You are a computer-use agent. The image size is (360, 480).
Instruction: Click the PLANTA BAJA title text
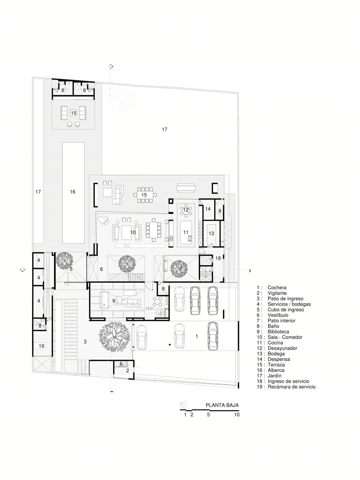[222, 405]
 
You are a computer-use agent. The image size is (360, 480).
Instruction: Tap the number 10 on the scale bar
[237, 415]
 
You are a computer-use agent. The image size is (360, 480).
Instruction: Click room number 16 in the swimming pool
[73, 192]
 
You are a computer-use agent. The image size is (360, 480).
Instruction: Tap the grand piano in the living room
[103, 220]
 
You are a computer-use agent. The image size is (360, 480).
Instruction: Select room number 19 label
[41, 346]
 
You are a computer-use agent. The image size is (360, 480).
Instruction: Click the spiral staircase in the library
[160, 313]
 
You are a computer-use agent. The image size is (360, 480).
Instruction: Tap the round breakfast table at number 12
[186, 210]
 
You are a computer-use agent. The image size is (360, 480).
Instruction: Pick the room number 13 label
[211, 233]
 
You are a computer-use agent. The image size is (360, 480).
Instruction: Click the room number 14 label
[208, 209]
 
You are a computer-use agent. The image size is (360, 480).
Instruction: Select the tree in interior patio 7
[179, 268]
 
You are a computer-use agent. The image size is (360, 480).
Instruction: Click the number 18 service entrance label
[218, 258]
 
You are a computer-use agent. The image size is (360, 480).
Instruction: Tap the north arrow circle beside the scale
[183, 404]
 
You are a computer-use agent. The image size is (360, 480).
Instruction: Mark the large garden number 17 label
[165, 130]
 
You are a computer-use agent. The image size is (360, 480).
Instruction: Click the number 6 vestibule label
[102, 269]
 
